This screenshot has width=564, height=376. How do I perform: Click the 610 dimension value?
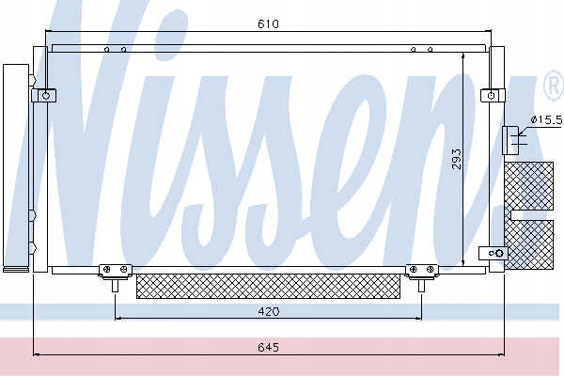tap(268, 24)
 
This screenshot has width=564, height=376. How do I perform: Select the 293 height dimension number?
tap(456, 159)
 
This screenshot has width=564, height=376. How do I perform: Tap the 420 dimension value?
tap(269, 311)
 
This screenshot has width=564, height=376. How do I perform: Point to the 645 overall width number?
tap(268, 347)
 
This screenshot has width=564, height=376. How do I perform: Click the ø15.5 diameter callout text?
tap(546, 119)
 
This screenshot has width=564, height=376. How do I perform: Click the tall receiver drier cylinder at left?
tap(16, 168)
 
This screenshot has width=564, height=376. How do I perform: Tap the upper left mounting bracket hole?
tap(46, 96)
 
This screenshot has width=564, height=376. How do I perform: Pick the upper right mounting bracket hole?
tap(492, 96)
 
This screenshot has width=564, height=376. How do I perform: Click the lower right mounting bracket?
tap(493, 253)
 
